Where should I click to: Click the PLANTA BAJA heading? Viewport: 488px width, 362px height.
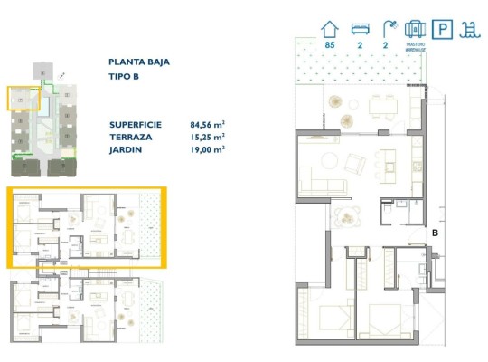pyautogui.click(x=139, y=62)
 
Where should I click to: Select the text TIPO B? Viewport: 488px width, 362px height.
pyautogui.click(x=124, y=77)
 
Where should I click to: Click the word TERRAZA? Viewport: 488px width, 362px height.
pyautogui.click(x=131, y=136)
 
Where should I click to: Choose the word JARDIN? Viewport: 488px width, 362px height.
pyautogui.click(x=127, y=149)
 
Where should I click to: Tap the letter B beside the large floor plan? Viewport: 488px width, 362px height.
pyautogui.click(x=435, y=233)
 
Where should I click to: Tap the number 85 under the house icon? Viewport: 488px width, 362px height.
pyautogui.click(x=329, y=44)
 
